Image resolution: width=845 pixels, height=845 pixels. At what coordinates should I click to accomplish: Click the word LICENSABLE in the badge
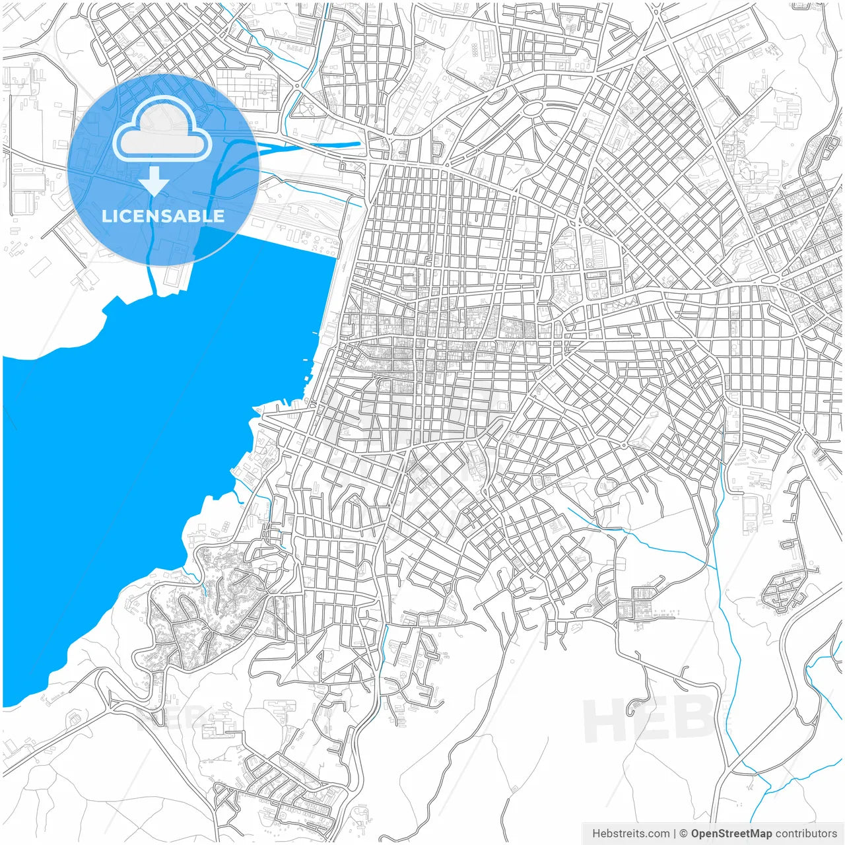click(162, 217)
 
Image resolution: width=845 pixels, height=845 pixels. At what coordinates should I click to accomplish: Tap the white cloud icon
click(162, 131)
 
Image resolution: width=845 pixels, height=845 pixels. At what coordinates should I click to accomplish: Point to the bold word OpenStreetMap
click(731, 834)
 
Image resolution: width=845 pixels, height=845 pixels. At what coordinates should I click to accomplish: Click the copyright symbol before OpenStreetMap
click(683, 834)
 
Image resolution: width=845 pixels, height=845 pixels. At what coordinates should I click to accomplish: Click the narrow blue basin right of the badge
click(330, 143)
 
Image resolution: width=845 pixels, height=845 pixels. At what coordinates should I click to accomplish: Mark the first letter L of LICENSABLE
click(106, 217)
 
